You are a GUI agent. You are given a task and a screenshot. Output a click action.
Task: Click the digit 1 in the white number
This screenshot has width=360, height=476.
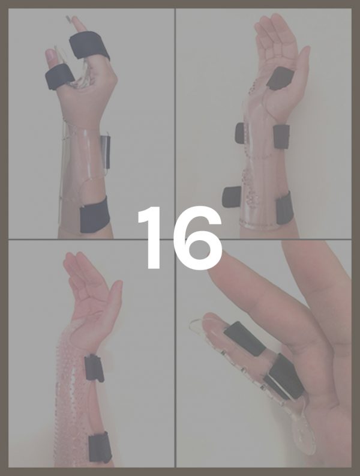click(152, 238)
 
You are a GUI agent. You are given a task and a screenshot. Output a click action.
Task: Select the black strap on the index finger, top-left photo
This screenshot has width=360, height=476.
click(89, 46)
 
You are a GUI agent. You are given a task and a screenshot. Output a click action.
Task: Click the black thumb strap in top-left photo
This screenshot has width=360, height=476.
click(59, 76)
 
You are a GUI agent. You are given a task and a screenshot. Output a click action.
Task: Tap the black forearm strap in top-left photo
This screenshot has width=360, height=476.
click(95, 214)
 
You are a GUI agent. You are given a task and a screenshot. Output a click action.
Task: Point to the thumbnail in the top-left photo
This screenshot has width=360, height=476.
click(50, 55)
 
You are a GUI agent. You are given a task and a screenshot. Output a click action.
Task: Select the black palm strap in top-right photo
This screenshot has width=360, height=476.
click(280, 78)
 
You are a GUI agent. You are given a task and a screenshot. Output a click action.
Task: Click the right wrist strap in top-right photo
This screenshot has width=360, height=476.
click(281, 137)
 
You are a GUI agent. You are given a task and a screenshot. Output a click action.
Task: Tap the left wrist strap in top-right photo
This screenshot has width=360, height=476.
click(240, 133)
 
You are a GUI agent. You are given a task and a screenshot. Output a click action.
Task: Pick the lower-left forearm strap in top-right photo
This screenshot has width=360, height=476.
click(232, 197)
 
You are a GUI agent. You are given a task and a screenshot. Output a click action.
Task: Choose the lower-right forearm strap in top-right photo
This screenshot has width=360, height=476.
click(284, 208)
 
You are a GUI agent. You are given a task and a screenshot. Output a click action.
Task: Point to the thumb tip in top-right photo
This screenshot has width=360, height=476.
click(306, 50)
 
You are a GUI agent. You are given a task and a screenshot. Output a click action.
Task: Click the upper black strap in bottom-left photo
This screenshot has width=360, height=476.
click(94, 368)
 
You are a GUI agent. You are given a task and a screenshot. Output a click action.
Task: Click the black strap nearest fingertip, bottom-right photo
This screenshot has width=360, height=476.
click(244, 338)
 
